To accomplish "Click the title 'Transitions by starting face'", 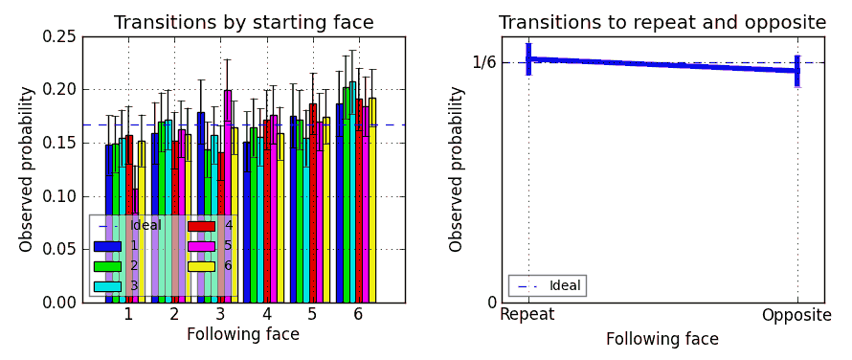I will click(243, 23).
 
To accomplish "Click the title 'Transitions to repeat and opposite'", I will click(661, 23).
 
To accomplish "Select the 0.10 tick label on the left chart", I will click(57, 196).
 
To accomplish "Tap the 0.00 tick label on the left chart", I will click(57, 303).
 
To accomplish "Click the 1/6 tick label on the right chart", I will click(484, 63).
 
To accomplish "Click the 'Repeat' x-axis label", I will click(527, 315).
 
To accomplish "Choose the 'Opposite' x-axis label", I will click(796, 315).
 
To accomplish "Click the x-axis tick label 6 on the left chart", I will click(357, 315).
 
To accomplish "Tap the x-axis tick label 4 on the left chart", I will click(265, 315).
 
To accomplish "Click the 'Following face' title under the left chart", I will click(243, 335).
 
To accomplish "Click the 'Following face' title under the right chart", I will click(661, 339).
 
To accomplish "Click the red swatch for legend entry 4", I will click(201, 227).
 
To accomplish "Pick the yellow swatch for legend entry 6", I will click(201, 266).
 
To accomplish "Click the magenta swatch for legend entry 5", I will click(201, 246).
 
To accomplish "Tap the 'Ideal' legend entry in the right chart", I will click(547, 285).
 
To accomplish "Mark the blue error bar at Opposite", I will click(796, 70).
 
